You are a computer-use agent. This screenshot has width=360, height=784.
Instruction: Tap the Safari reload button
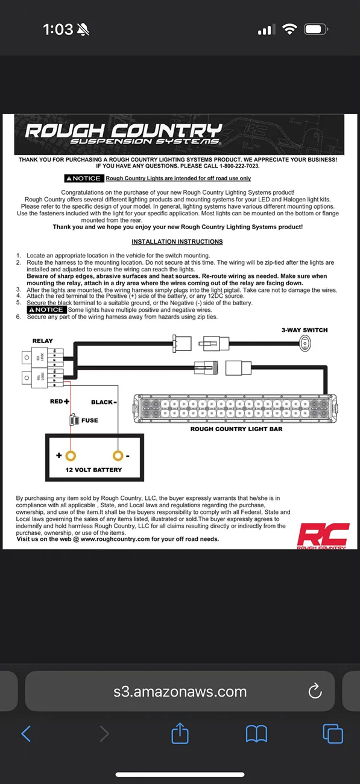point(315,691)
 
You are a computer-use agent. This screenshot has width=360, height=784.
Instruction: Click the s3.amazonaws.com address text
point(180,691)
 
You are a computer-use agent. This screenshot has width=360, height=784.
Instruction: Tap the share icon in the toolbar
point(180,733)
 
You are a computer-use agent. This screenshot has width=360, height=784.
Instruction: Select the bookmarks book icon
point(256,733)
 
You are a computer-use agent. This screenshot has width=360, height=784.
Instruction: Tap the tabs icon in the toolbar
point(333,733)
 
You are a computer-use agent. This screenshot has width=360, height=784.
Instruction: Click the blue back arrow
point(26,733)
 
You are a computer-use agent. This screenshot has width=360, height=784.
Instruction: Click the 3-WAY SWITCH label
point(305,330)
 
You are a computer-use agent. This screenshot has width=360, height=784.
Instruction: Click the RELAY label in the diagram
point(42,341)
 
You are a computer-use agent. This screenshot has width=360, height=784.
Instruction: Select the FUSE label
point(89,420)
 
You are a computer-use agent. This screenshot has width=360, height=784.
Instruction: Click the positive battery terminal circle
point(71,455)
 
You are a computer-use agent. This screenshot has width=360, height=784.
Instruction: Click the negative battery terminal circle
point(118,455)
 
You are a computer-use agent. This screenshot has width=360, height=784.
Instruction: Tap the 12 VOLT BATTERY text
point(93,470)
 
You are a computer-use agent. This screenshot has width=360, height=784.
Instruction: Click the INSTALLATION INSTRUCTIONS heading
point(177,242)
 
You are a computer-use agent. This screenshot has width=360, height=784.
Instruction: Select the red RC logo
point(323,534)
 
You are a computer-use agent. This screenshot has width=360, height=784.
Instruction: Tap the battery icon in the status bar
point(316,30)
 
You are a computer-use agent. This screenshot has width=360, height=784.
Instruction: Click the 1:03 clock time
point(58,30)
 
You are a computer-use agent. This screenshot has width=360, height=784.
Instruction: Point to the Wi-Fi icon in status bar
point(290,30)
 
